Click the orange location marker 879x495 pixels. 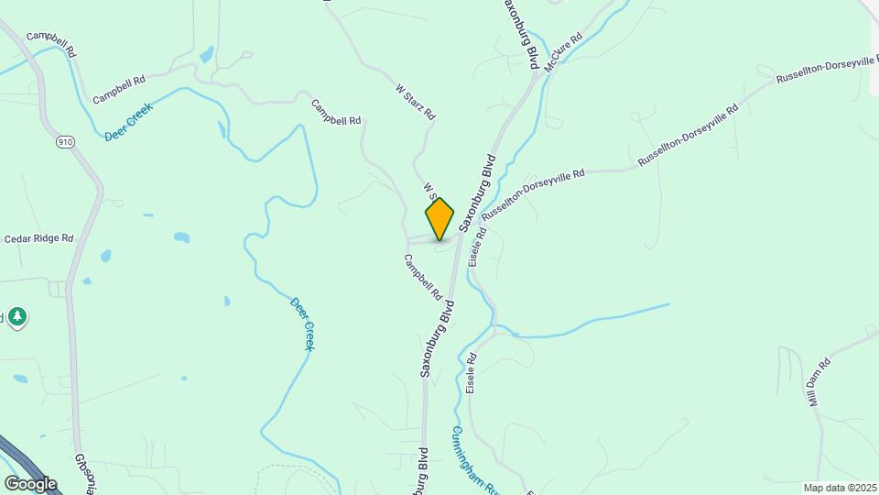coord(439,219)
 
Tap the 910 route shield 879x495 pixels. coord(64,143)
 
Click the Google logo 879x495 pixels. coord(30,483)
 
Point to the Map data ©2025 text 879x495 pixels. coord(839,488)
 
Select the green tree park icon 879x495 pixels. coord(16,317)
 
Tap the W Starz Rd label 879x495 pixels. coord(415,104)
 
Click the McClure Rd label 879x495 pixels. coord(563,54)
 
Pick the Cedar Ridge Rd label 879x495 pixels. coord(38,238)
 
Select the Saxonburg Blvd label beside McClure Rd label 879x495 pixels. coord(519,33)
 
